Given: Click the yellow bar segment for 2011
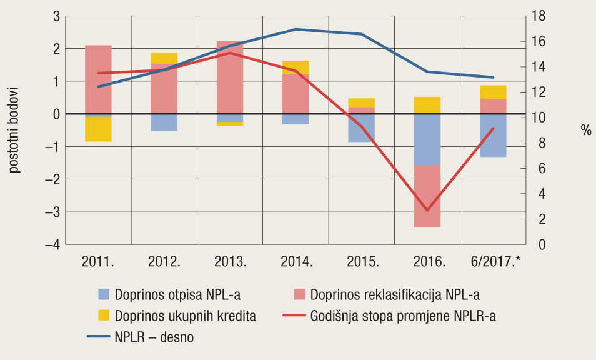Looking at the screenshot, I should click(x=98, y=129).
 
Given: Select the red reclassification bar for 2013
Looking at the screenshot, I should click(x=230, y=81).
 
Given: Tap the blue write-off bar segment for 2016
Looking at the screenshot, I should click(x=427, y=139).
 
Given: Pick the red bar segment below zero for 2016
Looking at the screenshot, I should click(x=427, y=196).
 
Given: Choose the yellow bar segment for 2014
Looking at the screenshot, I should click(x=296, y=67).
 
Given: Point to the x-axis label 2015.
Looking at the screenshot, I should click(x=362, y=261).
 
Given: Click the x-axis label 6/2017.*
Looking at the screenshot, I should click(x=495, y=261).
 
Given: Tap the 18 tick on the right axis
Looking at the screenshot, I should click(x=539, y=16).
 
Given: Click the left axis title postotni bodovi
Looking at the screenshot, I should click(x=14, y=130).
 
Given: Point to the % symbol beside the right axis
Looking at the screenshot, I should click(x=585, y=130).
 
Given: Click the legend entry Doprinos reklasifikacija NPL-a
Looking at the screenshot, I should click(x=387, y=294).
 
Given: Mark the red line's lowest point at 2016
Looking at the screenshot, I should click(x=427, y=211).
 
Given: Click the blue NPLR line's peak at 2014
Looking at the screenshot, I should click(x=296, y=29).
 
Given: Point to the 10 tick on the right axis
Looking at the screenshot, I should click(x=539, y=117).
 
